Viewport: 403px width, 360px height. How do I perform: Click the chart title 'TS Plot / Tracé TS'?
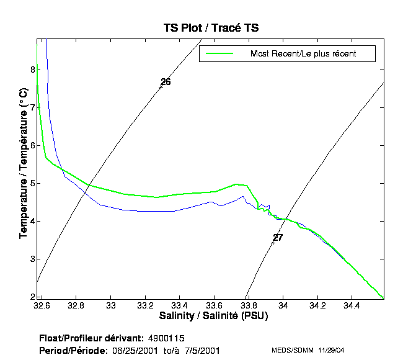coord(211,28)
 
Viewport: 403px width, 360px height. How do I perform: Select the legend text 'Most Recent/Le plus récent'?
coord(303,54)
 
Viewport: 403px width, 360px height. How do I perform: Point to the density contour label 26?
coord(166,82)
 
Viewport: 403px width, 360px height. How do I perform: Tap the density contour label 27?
coord(278,238)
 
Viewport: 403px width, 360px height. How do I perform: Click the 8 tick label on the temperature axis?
coord(33,70)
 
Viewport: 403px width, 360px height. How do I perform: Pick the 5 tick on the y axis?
coord(33,183)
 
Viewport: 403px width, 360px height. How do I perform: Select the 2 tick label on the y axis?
coord(33,297)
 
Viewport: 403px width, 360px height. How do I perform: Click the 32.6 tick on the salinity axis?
coord(42,306)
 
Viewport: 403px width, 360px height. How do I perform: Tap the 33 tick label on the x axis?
coord(111,306)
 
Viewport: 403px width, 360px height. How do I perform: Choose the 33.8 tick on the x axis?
coord(249,306)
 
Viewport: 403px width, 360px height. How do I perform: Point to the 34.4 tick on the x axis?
coord(352,306)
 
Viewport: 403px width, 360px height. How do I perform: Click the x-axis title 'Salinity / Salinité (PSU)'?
coord(211,316)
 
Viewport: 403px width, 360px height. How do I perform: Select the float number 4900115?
coord(166,338)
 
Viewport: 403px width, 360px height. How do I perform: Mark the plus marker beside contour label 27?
coord(272,243)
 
